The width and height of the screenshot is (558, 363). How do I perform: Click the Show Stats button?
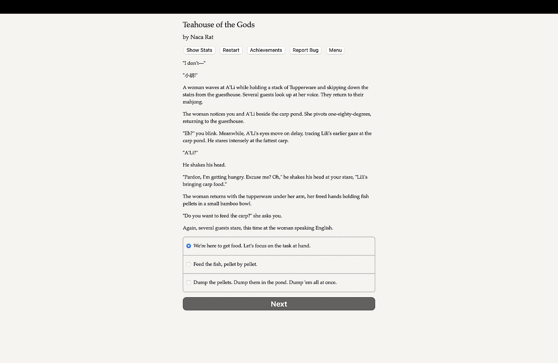pyautogui.click(x=199, y=50)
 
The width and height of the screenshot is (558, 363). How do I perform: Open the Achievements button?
pyautogui.click(x=266, y=50)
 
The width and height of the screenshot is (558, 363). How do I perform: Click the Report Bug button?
pyautogui.click(x=305, y=50)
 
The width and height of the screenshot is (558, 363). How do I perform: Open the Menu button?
pyautogui.click(x=335, y=50)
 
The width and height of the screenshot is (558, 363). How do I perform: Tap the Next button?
pyautogui.click(x=279, y=304)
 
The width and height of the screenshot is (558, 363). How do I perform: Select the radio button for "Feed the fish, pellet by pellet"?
pyautogui.click(x=189, y=265)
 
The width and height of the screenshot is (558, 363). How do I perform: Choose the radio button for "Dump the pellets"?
pyautogui.click(x=189, y=283)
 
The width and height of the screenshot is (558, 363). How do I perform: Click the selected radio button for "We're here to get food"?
pyautogui.click(x=189, y=246)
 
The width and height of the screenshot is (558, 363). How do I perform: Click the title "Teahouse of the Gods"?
pyautogui.click(x=218, y=25)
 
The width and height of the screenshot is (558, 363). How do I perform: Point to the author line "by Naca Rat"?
pyautogui.click(x=198, y=37)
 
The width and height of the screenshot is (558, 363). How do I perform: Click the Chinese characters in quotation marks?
pyautogui.click(x=190, y=75)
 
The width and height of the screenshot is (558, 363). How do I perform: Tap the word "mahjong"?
pyautogui.click(x=193, y=102)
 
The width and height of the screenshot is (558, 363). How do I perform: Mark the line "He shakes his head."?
pyautogui.click(x=204, y=165)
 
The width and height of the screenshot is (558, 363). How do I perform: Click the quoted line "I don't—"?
pyautogui.click(x=194, y=63)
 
